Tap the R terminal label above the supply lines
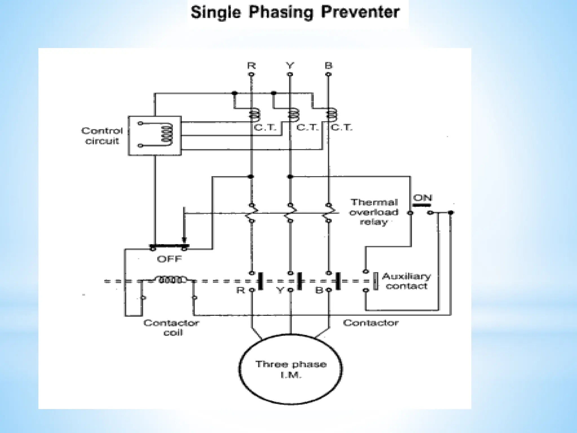pos(251,66)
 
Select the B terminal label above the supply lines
pos(328,66)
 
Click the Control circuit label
pos(102,136)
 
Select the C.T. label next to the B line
pos(341,128)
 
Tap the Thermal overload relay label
pos(374,212)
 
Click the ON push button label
pos(422,198)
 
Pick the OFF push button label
pos(169,259)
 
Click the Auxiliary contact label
pos(406,281)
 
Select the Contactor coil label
pos(171,327)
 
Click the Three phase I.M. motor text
pos(291,369)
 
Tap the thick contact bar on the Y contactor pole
pos(299,281)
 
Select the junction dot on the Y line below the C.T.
pos(290,177)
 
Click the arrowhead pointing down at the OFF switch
pos(184,240)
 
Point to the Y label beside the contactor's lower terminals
pos(280,290)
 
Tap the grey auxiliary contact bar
pos(376,281)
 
